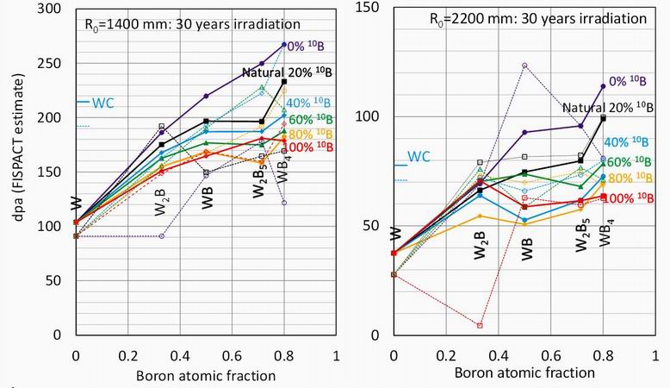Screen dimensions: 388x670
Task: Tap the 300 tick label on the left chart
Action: pyautogui.click(x=53, y=9)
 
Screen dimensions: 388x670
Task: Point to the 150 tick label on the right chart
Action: pyautogui.click(x=369, y=8)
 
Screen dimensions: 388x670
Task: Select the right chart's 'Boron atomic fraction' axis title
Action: pyautogui.click(x=524, y=372)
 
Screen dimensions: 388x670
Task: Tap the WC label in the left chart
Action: pyautogui.click(x=102, y=102)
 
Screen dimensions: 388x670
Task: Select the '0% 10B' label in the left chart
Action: pyautogui.click(x=307, y=45)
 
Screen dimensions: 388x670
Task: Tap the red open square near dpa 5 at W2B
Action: pyautogui.click(x=479, y=325)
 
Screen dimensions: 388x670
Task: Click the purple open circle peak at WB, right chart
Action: pyautogui.click(x=524, y=66)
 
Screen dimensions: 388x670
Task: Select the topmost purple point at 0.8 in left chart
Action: pyautogui.click(x=284, y=45)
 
